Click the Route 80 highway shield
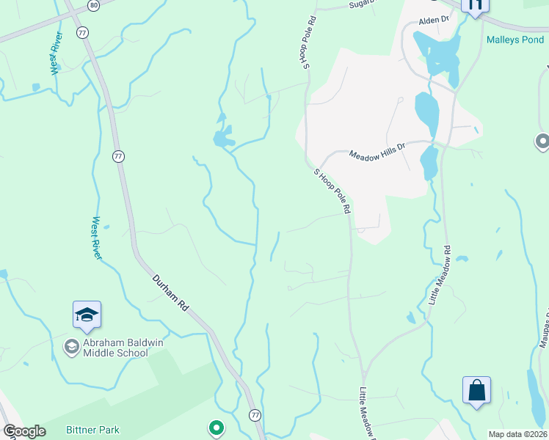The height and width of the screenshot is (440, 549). [93, 5]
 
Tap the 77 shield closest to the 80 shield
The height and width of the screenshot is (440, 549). [82, 32]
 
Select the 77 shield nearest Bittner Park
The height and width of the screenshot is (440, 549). [254, 414]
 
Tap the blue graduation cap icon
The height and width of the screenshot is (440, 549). [87, 315]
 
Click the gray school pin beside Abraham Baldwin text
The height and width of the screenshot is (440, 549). [71, 346]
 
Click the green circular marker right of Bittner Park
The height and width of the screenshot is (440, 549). [216, 427]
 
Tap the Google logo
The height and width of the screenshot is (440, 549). [23, 431]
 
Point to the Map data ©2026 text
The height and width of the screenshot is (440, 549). [517, 434]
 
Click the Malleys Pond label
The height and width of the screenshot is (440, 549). [515, 39]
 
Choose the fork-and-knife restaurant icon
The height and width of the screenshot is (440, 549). [475, 6]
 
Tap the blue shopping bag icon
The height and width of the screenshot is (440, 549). [477, 390]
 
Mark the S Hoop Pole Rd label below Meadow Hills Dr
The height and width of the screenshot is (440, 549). [332, 191]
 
